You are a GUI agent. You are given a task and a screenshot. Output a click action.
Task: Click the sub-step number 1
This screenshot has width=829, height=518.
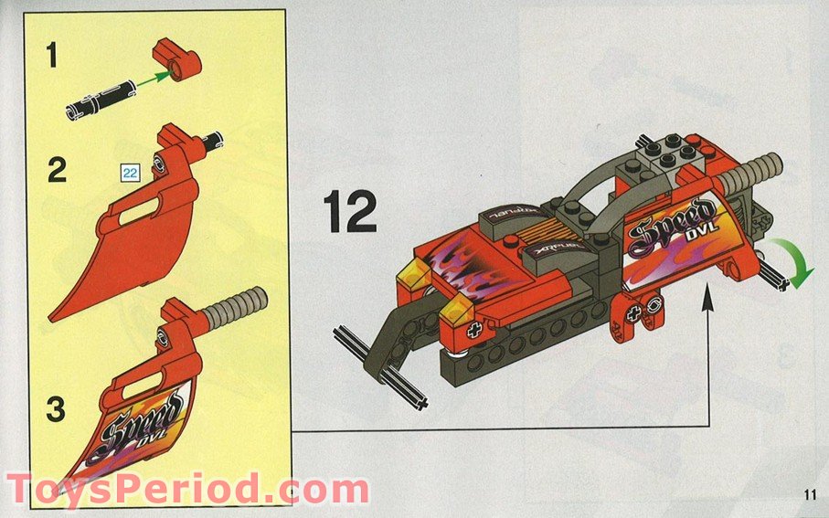coord(52,58)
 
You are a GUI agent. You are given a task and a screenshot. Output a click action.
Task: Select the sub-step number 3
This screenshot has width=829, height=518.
coord(57,408)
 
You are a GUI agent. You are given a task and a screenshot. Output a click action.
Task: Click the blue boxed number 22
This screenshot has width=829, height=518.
coord(129,171)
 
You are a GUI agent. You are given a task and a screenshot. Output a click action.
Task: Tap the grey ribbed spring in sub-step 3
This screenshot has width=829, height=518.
coord(232,309)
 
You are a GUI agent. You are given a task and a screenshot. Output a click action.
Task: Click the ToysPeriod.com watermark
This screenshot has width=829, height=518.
coord(187,491)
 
